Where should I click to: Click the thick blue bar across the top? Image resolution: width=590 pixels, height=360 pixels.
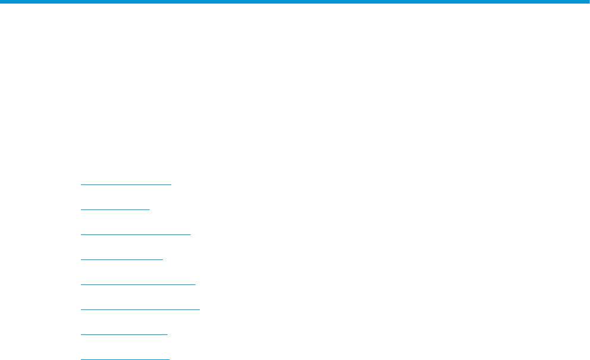(295, 2)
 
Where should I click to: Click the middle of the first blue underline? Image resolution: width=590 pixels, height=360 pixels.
(125, 184)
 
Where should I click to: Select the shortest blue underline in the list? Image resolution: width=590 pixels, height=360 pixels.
(115, 209)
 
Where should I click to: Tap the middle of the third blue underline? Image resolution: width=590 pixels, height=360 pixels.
(136, 234)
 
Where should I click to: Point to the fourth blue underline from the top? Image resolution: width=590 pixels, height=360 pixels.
(121, 259)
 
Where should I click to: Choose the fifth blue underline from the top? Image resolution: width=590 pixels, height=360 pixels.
(137, 284)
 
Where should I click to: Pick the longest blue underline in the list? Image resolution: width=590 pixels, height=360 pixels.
(140, 309)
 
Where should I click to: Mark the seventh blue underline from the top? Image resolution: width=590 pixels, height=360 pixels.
(124, 334)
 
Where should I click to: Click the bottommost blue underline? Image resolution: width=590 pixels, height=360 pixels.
(125, 359)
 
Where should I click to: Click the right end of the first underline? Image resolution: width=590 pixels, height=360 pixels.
(171, 184)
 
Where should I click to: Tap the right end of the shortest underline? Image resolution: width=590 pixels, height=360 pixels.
(150, 209)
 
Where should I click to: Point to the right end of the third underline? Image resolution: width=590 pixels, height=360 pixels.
(190, 234)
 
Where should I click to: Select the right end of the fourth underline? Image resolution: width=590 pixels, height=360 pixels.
(162, 259)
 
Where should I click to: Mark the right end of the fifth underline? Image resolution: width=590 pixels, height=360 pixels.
(195, 284)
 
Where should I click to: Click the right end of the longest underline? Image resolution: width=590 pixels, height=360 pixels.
(200, 309)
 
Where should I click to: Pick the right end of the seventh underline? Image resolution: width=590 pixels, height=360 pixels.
(167, 334)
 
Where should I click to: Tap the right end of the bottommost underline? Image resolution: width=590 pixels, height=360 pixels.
(170, 359)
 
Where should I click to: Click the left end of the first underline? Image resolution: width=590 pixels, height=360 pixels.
(81, 184)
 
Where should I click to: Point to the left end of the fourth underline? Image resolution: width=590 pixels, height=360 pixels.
(81, 259)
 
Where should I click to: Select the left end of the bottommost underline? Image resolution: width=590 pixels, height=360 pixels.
(81, 359)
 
